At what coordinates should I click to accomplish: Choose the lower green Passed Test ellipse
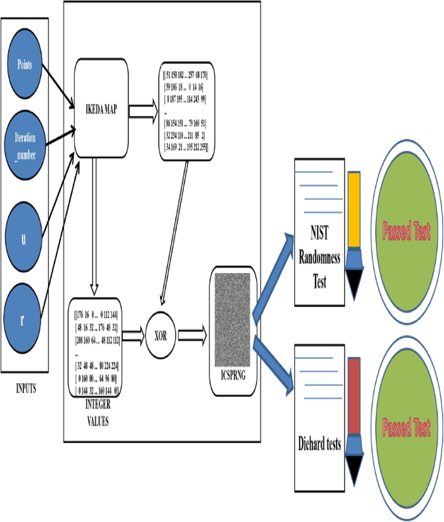click(x=406, y=427)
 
